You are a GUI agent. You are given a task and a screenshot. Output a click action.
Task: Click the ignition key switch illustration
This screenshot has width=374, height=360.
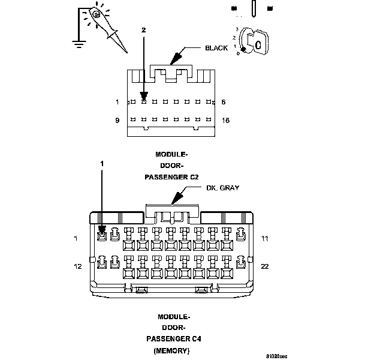tap(252, 42)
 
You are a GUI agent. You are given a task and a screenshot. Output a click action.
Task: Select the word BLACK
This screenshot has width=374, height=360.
tap(216, 48)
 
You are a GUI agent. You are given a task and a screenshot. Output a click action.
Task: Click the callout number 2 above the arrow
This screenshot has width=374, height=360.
tap(143, 29)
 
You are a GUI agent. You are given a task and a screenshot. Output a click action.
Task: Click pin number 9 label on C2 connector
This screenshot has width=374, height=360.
tap(117, 121)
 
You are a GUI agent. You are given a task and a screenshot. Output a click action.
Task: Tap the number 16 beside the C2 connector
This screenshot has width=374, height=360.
tap(225, 121)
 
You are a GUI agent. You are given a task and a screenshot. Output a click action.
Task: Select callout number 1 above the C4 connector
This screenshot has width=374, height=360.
tap(101, 163)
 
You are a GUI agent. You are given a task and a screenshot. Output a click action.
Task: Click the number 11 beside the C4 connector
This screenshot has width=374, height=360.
tap(264, 239)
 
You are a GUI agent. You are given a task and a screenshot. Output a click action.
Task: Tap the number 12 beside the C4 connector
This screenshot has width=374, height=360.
tap(77, 266)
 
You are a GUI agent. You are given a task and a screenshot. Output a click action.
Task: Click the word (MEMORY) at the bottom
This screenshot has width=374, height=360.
tap(173, 349)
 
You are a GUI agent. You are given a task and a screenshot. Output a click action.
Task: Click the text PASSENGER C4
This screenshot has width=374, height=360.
tap(173, 338)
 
